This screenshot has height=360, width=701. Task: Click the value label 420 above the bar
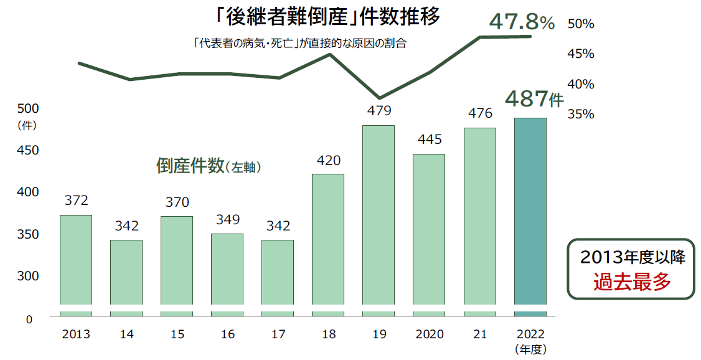pos(328,161)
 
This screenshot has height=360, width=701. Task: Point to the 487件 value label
pos(533,98)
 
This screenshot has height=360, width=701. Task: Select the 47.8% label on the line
pos(522,22)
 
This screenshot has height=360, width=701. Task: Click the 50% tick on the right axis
pos(581,24)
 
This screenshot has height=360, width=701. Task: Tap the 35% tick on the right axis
pos(581,115)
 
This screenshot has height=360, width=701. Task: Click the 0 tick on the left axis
pos(28,320)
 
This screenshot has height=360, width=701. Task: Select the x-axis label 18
pos(328,335)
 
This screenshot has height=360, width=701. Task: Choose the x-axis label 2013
pos(76,335)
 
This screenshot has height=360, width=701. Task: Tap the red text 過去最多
pos(632,283)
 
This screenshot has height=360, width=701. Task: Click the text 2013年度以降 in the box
pos(632,257)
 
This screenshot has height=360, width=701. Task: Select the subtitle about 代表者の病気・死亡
pos(299,44)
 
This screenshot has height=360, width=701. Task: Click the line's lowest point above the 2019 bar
pos(380,98)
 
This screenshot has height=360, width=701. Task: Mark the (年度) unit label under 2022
pos(530,349)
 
